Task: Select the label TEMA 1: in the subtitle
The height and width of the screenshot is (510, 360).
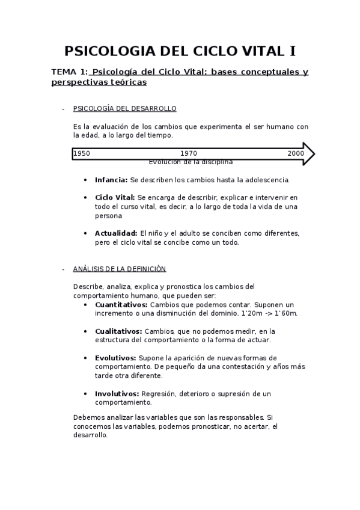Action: [x=70, y=72]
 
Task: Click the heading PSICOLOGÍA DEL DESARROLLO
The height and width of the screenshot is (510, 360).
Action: [x=124, y=109]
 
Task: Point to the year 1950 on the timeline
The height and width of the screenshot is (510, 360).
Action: [x=82, y=153]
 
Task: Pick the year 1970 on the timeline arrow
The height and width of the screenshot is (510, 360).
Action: [x=188, y=153]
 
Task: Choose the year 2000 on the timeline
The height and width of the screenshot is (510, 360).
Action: [x=296, y=153]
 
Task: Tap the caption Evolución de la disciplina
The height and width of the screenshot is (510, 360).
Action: [x=191, y=162]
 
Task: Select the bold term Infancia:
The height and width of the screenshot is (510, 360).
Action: [x=111, y=179]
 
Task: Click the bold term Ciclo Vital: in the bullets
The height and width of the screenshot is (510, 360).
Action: [x=115, y=197]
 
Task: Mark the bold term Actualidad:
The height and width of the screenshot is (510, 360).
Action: [x=116, y=233]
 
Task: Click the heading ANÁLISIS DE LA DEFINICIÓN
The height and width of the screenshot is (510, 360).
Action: [x=119, y=269]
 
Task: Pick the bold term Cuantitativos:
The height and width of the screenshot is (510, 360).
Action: [x=121, y=304]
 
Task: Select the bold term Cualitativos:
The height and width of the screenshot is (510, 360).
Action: [x=118, y=331]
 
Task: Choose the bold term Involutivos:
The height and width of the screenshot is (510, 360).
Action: [x=117, y=393]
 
